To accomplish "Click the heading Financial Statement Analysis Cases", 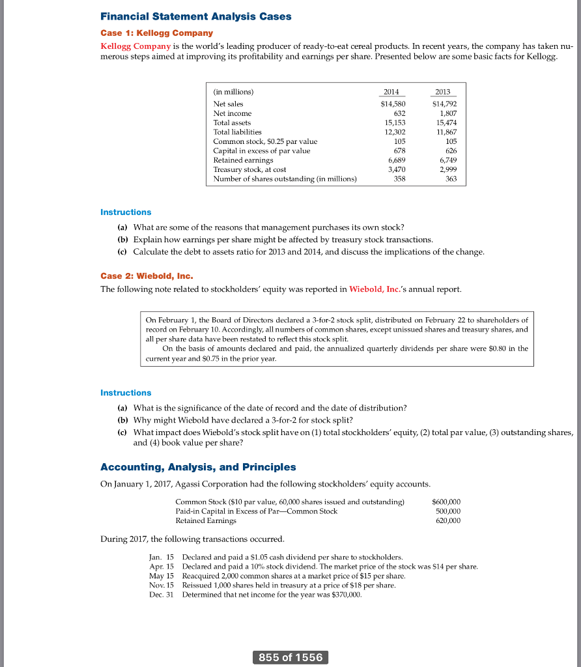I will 195,16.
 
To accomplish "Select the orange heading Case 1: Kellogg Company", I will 156,33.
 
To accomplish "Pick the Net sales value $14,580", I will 393,104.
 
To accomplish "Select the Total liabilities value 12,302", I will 395,132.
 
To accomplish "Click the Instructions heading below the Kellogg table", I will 126,212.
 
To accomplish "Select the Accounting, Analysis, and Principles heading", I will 198,467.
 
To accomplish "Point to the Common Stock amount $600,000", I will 446,502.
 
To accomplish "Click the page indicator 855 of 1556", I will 290,657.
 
